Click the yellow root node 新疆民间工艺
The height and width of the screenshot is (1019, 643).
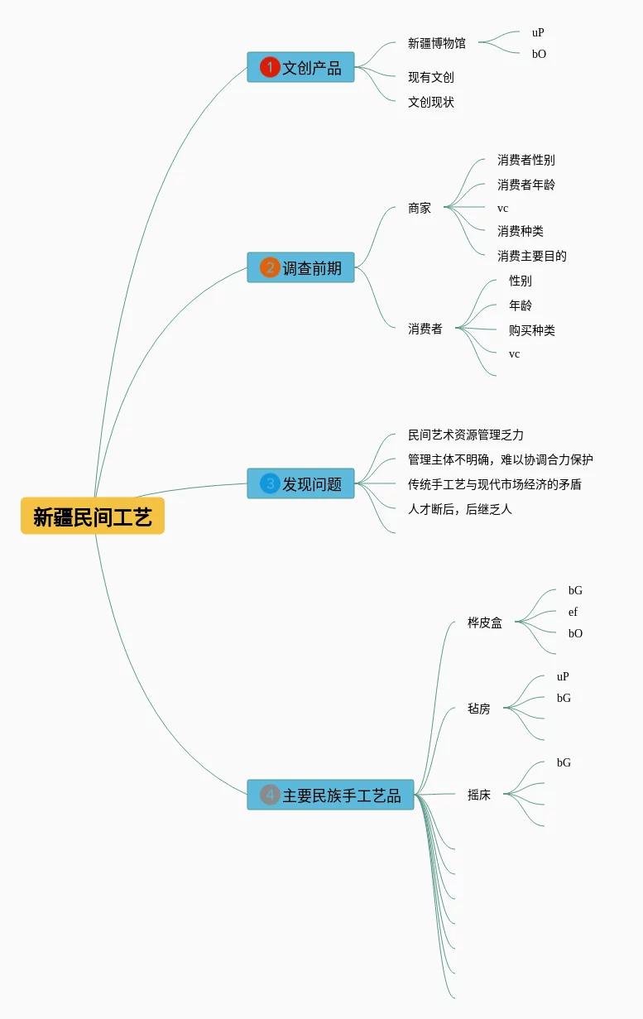pyautogui.click(x=93, y=516)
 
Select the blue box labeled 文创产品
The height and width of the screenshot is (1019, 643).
pyautogui.click(x=300, y=67)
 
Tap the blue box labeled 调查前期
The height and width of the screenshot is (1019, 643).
pyautogui.click(x=300, y=267)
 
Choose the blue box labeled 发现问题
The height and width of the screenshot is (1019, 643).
pyautogui.click(x=300, y=483)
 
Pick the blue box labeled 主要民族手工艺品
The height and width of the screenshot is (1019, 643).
pyautogui.click(x=330, y=795)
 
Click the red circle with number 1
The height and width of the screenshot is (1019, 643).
pyautogui.click(x=270, y=67)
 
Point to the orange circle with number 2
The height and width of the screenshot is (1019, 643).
pyautogui.click(x=270, y=267)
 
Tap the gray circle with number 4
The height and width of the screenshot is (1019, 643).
pyautogui.click(x=270, y=795)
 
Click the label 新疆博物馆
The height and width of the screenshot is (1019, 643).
pyautogui.click(x=437, y=43)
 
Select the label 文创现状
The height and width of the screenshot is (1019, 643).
pyautogui.click(x=430, y=102)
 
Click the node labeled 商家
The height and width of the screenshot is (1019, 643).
pyautogui.click(x=420, y=208)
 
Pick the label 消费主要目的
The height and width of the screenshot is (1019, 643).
pyautogui.click(x=531, y=256)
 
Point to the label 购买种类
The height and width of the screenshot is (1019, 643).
pyautogui.click(x=531, y=330)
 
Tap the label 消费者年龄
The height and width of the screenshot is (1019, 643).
pyautogui.click(x=526, y=185)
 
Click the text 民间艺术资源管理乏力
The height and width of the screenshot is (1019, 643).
pyautogui.click(x=465, y=435)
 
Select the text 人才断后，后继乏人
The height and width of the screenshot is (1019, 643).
pyautogui.click(x=460, y=509)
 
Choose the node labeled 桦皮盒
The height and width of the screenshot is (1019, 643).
pyautogui.click(x=485, y=622)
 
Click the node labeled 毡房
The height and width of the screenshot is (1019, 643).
pyautogui.click(x=479, y=709)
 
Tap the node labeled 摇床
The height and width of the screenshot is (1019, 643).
pyautogui.click(x=479, y=795)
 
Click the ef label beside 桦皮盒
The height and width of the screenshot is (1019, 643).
pyautogui.click(x=573, y=612)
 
